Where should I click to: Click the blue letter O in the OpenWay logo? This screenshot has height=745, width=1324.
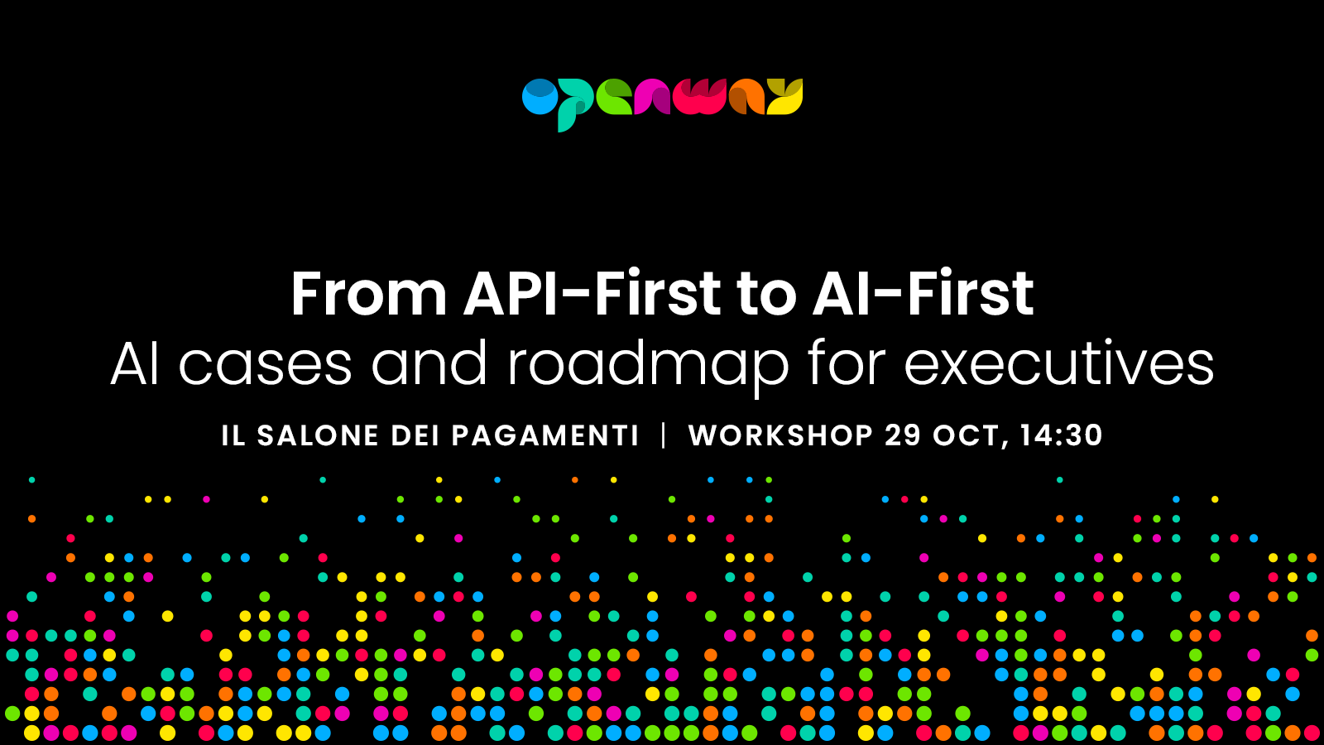pyautogui.click(x=540, y=96)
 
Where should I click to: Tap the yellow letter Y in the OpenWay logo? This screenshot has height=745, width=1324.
pyautogui.click(x=784, y=96)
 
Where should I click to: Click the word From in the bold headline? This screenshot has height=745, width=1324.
pyautogui.click(x=369, y=294)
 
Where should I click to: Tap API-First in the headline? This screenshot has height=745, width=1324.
pyautogui.click(x=592, y=294)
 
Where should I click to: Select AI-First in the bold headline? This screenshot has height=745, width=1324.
pyautogui.click(x=923, y=294)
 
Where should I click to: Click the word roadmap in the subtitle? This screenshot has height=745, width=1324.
pyautogui.click(x=649, y=364)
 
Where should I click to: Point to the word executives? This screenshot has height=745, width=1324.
pyautogui.click(x=1059, y=364)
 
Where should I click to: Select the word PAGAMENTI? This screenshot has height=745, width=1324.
pyautogui.click(x=545, y=435)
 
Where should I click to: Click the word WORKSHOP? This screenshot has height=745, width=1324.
pyautogui.click(x=781, y=435)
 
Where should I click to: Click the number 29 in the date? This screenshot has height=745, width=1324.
pyautogui.click(x=903, y=435)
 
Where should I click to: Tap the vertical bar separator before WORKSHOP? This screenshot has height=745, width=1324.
pyautogui.click(x=664, y=435)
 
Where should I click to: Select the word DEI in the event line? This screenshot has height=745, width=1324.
pyautogui.click(x=415, y=435)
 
